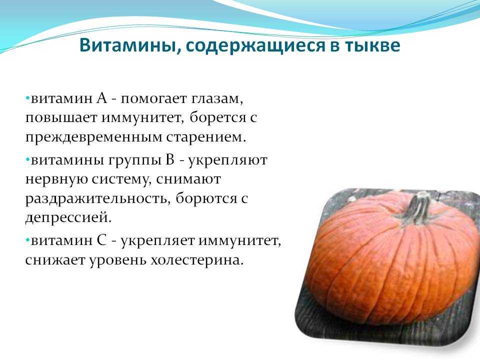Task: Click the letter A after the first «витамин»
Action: click(101, 98)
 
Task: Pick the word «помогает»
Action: click(153, 99)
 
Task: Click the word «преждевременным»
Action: click(93, 137)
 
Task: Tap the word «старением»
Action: click(206, 137)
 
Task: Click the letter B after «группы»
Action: click(170, 160)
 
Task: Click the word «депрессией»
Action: click(68, 217)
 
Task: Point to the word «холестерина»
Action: click(197, 260)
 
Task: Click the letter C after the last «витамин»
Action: click(101, 240)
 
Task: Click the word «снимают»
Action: click(188, 179)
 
